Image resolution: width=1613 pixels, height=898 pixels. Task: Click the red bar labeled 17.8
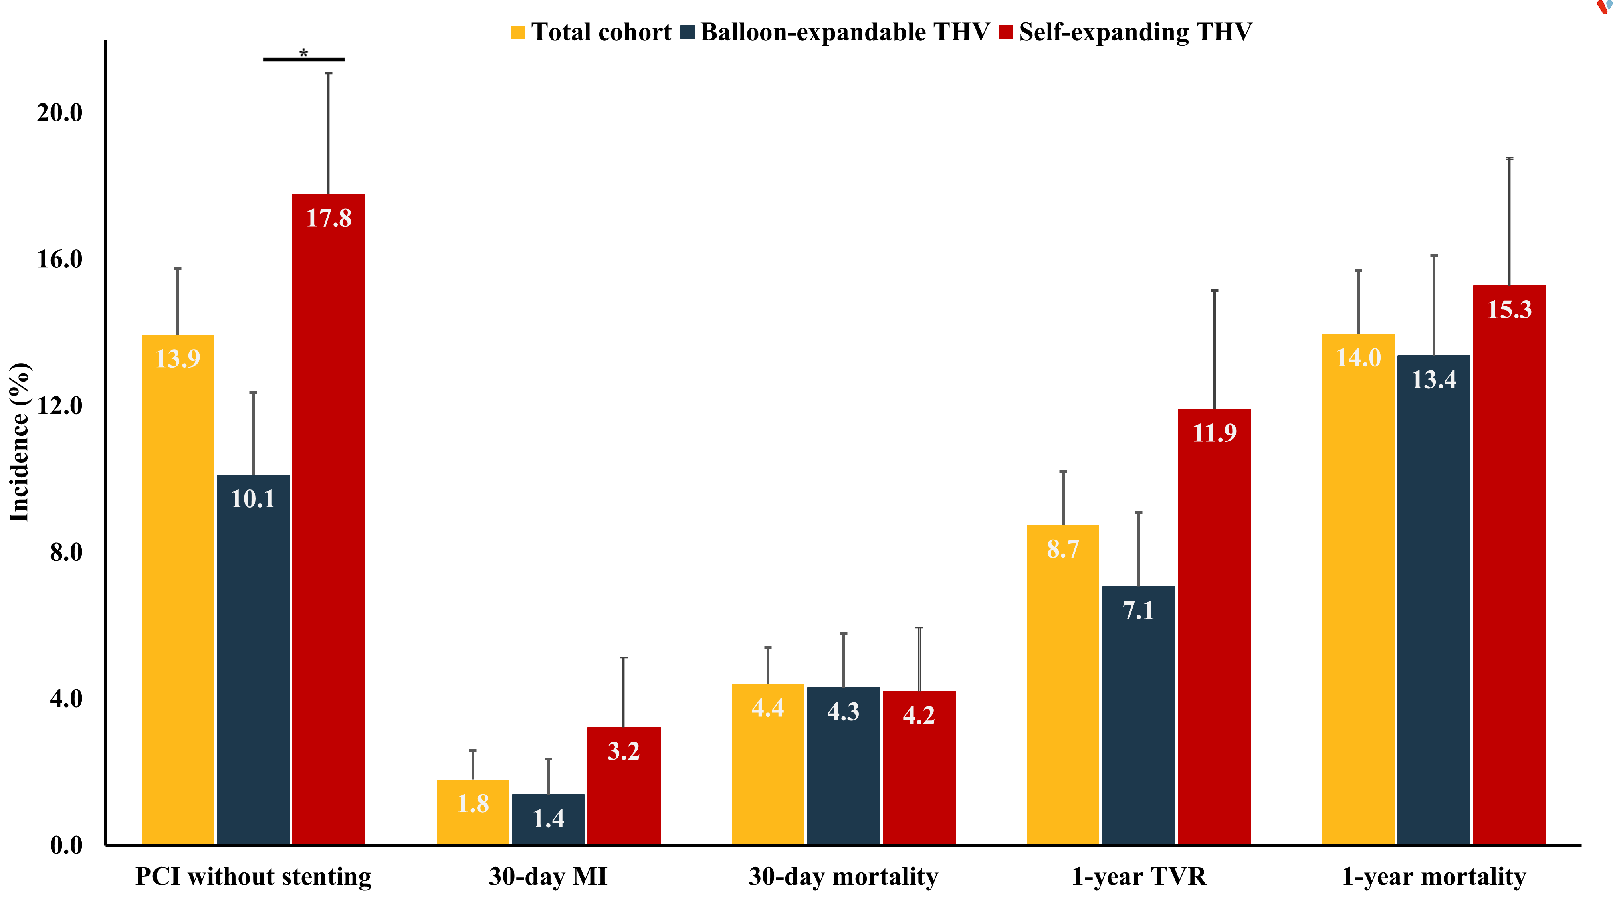point(328,519)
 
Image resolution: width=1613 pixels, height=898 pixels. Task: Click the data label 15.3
point(1509,309)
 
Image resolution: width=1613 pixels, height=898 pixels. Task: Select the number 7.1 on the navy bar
point(1138,610)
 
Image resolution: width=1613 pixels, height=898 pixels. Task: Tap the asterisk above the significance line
point(304,53)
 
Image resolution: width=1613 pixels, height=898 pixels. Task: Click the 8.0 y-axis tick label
point(66,552)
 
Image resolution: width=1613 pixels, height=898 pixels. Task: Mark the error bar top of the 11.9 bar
point(1214,291)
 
